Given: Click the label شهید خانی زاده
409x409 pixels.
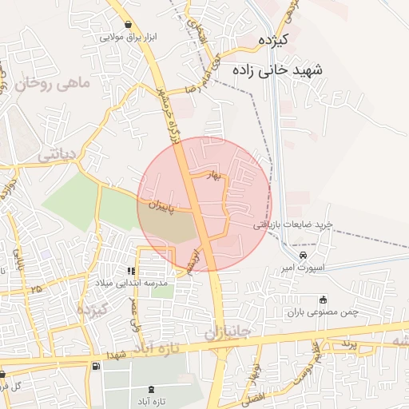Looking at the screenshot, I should coord(279,70).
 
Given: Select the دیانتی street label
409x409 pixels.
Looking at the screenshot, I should coord(57,153).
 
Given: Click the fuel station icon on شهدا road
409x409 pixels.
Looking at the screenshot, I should coord(97,366).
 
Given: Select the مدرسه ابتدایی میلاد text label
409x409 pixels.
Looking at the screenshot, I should coord(133,284).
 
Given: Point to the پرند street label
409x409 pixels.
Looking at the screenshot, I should coord(345,343).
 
